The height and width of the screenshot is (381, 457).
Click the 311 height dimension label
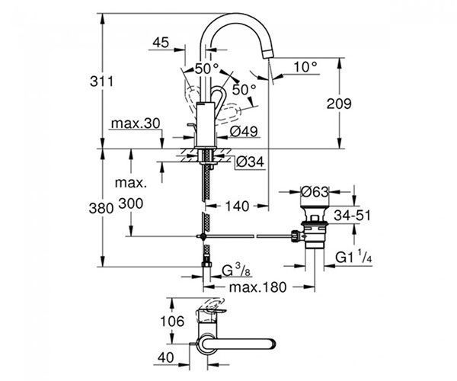pos(101,82)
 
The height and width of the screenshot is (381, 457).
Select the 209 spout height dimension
pos(339,104)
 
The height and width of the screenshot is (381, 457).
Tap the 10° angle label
pos(305,67)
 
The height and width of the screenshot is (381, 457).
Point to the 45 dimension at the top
pos(161,43)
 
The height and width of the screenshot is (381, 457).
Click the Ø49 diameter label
pos(244,132)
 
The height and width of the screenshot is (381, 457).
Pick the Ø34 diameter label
pos(250,162)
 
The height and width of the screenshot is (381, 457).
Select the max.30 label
pos(136,123)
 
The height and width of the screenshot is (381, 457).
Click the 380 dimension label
pos(101,209)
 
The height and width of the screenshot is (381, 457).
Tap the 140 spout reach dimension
pos(237,206)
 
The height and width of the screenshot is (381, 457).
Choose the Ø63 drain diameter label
pos(315,192)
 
